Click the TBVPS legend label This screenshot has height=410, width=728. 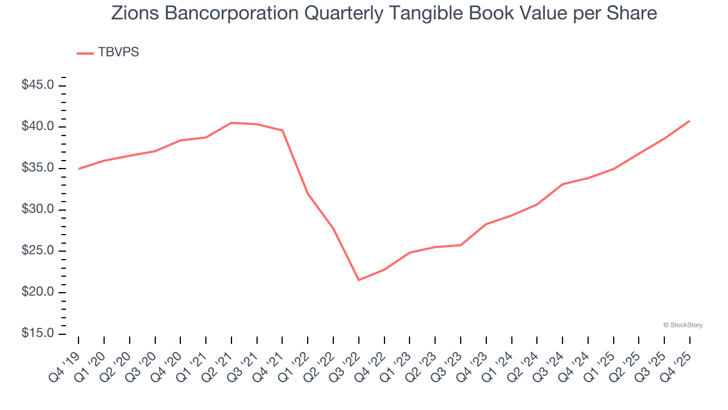coord(118,52)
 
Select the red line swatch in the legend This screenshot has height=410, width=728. coord(85,53)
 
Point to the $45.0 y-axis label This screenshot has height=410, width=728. coord(38,85)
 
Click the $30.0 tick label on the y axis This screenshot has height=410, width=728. coord(38,210)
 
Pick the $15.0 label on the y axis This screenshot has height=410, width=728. coord(38,334)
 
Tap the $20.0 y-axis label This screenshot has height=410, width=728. coord(38,292)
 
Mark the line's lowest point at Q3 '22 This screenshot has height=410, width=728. coord(359,280)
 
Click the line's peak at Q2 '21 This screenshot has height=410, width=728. coord(231,122)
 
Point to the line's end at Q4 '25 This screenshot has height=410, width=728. coord(689,121)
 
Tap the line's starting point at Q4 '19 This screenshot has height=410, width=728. coord(79,169)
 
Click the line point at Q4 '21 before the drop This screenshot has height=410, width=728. coord(283,130)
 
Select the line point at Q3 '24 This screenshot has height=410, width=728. coord(562,184)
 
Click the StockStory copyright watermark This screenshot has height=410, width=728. coord(682,325)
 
